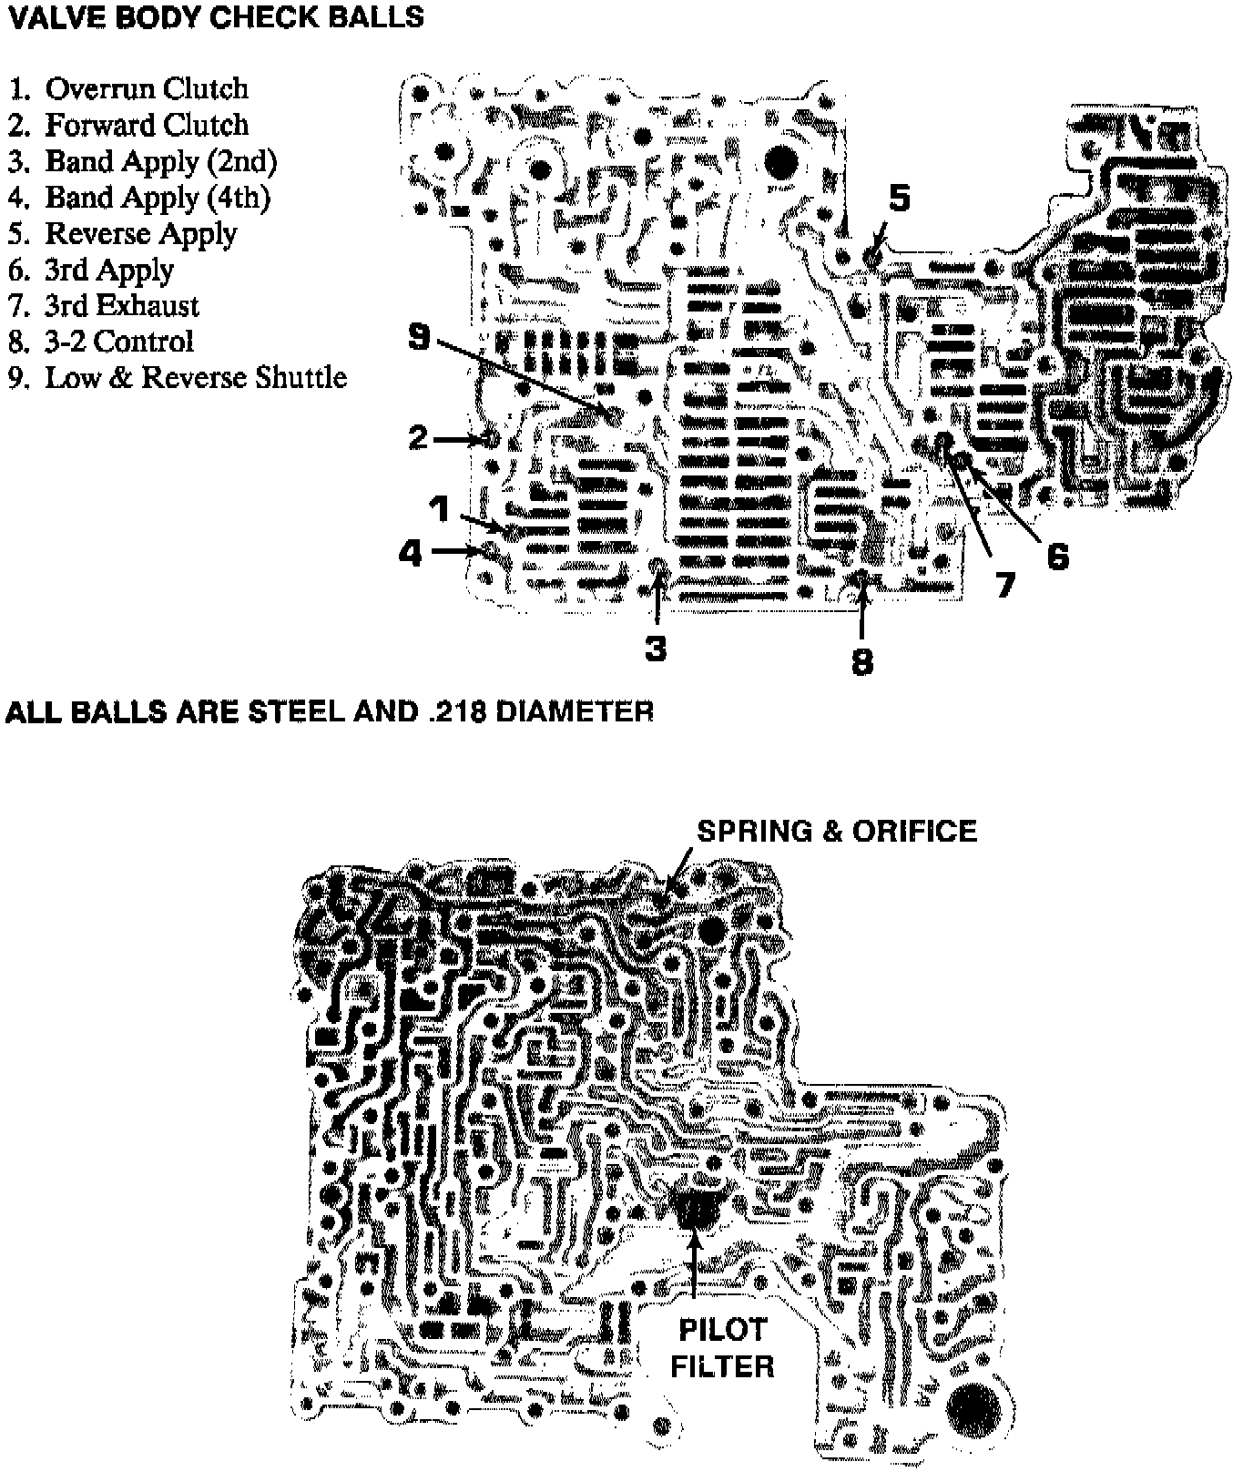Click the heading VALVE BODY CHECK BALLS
coord(215,17)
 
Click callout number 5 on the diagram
coord(899,198)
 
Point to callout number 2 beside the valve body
coord(417,438)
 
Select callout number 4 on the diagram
coord(412,552)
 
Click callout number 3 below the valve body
coord(656,649)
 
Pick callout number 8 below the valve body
coord(861,661)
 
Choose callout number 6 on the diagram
coord(1056,556)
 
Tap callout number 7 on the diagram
coord(1003,585)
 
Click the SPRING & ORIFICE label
coord(836,831)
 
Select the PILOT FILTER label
coord(722,1348)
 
